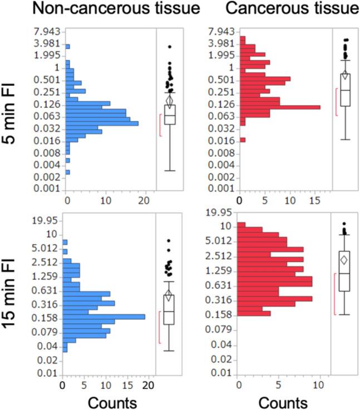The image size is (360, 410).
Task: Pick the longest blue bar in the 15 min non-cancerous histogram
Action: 103,317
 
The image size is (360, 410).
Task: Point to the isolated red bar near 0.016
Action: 243,140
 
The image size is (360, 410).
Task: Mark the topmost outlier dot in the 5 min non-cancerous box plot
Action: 170,47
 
